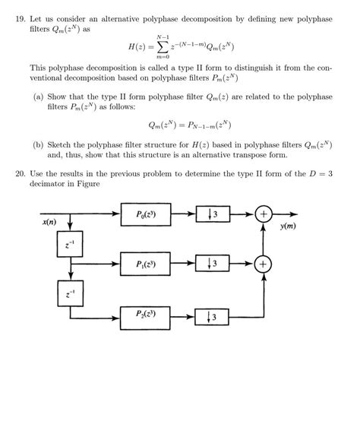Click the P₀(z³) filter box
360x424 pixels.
[x=147, y=214]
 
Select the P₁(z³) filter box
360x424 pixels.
[x=147, y=264]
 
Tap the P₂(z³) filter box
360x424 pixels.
[x=147, y=315]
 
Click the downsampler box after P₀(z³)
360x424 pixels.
[x=214, y=214]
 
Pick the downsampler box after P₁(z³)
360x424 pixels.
[x=214, y=264]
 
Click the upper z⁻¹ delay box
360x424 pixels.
[x=70, y=244]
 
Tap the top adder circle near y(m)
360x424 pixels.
[x=264, y=214]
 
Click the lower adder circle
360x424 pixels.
[x=264, y=264]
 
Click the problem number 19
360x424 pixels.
[x=21, y=16]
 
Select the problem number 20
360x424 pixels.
[x=21, y=172]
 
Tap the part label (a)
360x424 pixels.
[x=39, y=97]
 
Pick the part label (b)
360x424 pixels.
[x=39, y=144]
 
